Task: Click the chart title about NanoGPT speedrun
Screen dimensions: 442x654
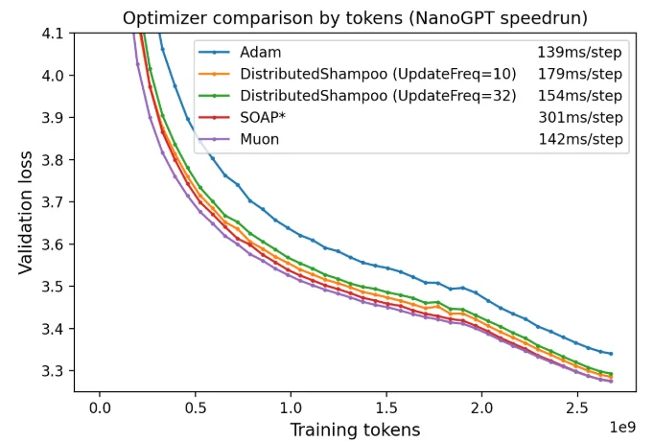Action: [354, 17]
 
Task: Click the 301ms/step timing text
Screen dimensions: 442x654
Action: [581, 118]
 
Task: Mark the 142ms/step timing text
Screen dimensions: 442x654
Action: [581, 139]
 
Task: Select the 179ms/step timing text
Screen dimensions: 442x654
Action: [581, 75]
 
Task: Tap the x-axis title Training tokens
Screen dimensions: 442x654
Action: [355, 430]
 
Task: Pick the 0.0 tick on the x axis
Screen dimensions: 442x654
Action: [99, 407]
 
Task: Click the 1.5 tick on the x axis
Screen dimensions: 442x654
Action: [385, 407]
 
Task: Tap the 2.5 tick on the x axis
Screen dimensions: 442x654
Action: [576, 407]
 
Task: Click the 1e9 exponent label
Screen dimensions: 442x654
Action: [622, 423]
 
